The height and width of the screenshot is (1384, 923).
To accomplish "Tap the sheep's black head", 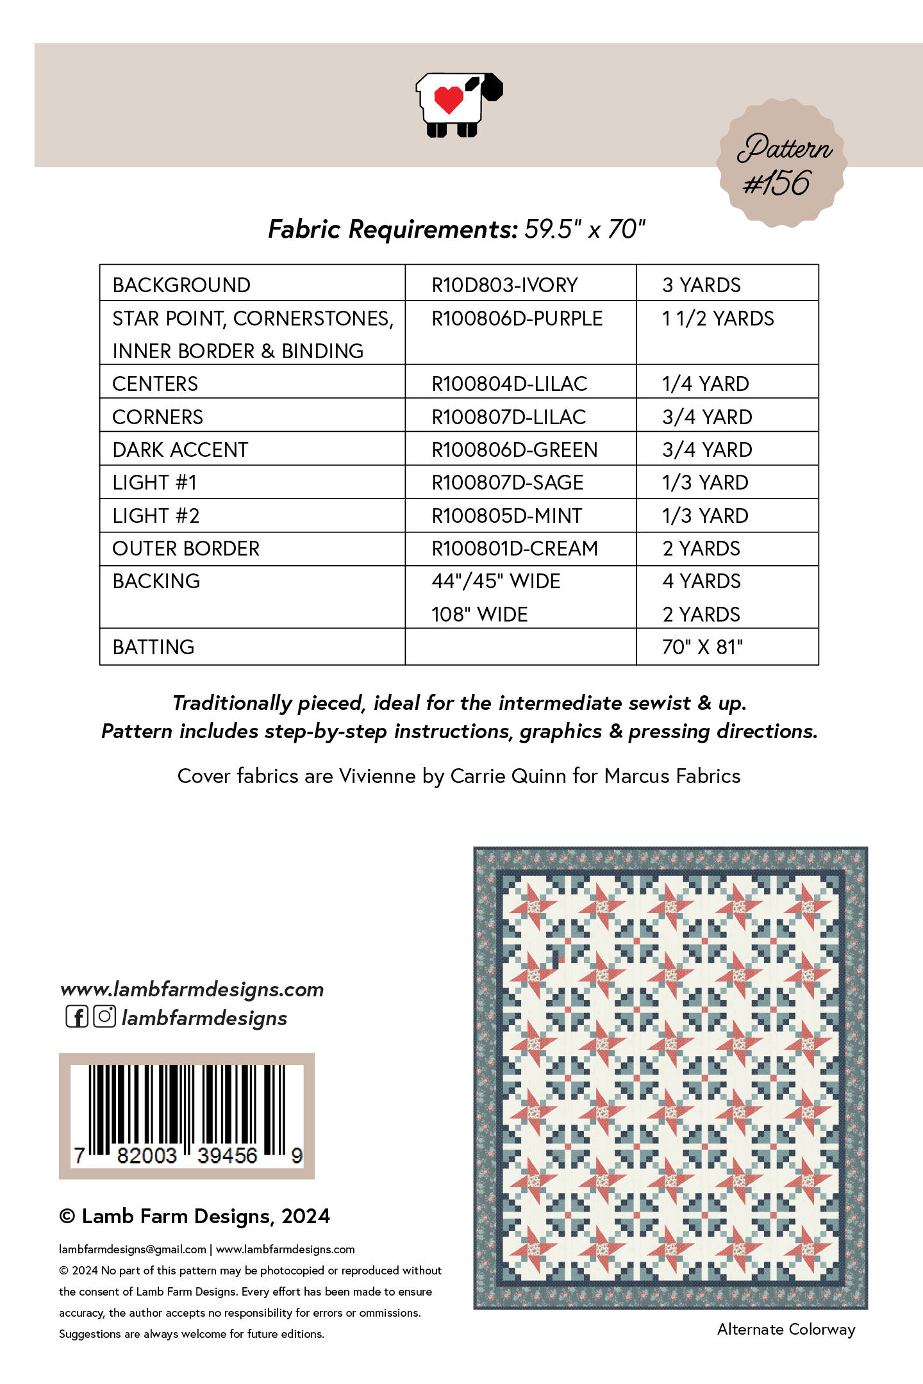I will tap(490, 88).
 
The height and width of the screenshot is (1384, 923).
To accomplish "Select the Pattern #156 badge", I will tap(782, 164).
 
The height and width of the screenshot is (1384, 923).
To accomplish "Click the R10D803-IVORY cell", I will tap(504, 285).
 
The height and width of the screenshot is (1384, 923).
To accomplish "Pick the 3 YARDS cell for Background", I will tap(701, 285).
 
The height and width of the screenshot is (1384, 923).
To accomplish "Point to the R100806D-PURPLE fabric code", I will tap(517, 318).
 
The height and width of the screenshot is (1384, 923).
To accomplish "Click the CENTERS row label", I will tap(155, 384).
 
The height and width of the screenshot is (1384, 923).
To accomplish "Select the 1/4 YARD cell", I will tap(705, 384).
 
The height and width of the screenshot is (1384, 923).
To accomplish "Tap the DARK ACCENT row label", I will tap(180, 450).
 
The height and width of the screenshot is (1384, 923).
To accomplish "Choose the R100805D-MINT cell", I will tap(506, 516).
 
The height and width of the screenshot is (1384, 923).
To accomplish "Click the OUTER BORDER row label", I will tap(186, 548).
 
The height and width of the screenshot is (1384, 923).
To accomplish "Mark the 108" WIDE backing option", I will tap(479, 614).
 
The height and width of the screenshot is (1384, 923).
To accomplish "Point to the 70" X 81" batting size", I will tap(703, 647).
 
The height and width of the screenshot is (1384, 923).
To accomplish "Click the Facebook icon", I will tap(77, 1017).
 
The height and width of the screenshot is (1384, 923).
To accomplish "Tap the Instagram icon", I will tap(104, 1017).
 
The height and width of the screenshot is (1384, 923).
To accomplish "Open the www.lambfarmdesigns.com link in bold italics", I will tap(192, 989).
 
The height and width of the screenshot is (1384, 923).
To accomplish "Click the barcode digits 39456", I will tap(227, 1155).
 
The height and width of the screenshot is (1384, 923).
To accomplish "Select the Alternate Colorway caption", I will tap(786, 1330).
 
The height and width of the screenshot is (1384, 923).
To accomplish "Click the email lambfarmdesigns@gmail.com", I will tap(132, 1249).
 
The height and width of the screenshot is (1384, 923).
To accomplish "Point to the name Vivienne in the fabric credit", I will tap(378, 776).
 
